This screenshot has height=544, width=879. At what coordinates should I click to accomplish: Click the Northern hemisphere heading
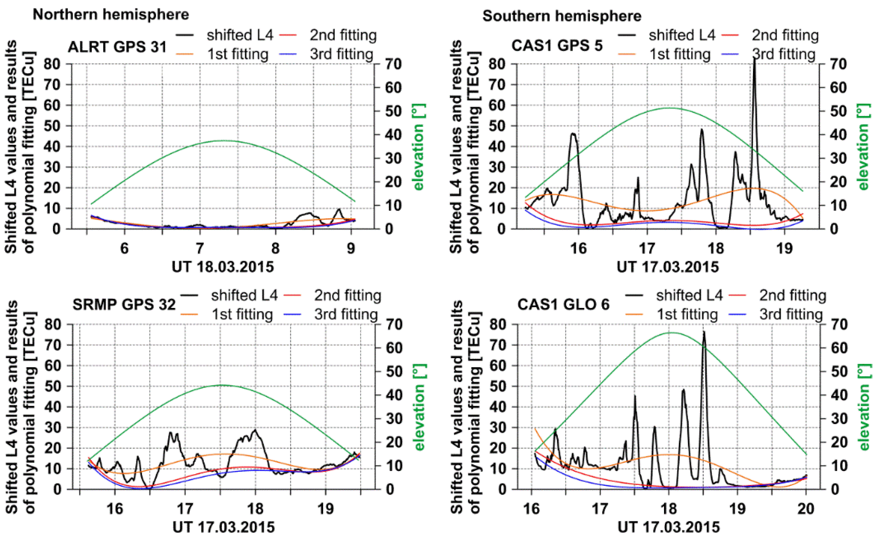coord(110,14)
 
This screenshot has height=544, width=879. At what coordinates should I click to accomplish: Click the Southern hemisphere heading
coord(562,16)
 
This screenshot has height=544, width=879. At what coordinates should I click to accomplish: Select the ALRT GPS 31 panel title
coord(117,47)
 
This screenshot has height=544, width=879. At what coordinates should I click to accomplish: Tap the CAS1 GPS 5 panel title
coord(557,45)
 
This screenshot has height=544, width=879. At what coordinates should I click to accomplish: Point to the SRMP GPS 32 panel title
coord(124,305)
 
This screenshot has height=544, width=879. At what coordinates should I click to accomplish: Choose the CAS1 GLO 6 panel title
coord(563,305)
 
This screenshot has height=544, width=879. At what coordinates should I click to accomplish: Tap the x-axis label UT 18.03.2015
coord(223,267)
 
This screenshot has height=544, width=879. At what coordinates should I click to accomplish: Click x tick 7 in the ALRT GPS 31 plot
coord(200,248)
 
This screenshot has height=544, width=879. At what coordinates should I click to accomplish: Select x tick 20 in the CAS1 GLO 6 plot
coord(806,509)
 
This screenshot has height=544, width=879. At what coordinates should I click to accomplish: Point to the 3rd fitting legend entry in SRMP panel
coord(345,314)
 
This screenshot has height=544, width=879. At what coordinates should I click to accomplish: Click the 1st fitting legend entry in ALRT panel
coord(238,54)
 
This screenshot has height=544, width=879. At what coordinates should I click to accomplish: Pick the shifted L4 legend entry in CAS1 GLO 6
coord(689,295)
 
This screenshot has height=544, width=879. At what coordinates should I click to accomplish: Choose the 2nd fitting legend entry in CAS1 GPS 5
coord(785,35)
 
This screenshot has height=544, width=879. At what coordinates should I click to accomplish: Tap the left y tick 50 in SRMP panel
coord(53,386)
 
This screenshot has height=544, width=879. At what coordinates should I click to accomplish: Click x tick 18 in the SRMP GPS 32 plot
coord(255,509)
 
